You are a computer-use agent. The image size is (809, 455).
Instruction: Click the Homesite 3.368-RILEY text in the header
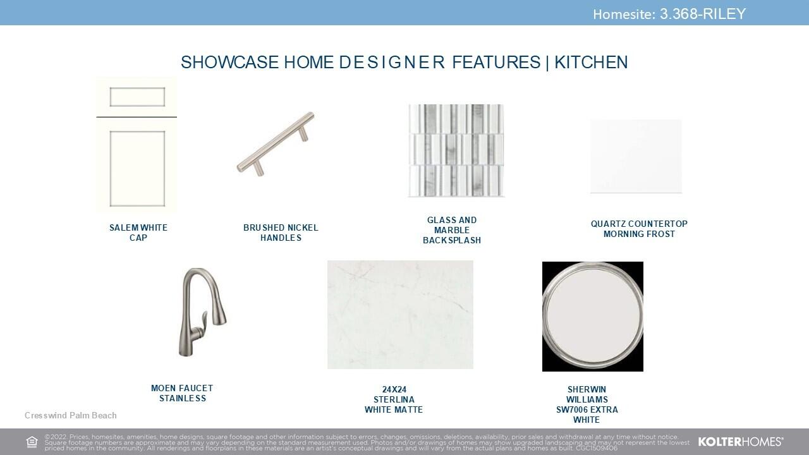click(x=669, y=14)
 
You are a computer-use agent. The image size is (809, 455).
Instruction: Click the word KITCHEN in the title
click(x=591, y=62)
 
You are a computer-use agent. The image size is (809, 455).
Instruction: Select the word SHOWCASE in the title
click(x=229, y=62)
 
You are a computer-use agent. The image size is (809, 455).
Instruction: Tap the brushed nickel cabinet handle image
click(x=276, y=144)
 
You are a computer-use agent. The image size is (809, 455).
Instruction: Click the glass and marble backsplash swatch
click(x=456, y=150)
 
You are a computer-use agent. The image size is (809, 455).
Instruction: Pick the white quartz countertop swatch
click(x=636, y=156)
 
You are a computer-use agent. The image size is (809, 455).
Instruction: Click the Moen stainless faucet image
click(x=203, y=312)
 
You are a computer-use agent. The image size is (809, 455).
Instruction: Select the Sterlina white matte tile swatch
click(x=400, y=315)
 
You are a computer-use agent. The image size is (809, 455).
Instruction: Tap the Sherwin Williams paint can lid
click(x=593, y=317)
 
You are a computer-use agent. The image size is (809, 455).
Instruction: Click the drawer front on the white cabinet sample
click(x=137, y=97)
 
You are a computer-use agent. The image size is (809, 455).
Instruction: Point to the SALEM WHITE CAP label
click(x=138, y=233)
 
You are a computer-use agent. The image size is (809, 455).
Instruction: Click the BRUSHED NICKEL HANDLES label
click(x=281, y=233)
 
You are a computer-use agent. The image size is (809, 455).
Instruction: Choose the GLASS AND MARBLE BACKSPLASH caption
click(x=452, y=230)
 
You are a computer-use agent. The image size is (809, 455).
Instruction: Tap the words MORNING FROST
click(x=639, y=234)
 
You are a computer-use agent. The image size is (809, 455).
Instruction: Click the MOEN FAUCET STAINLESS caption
click(x=182, y=393)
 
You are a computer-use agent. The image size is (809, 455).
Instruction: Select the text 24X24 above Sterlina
click(x=394, y=390)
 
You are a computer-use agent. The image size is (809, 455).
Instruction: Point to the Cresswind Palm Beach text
click(x=70, y=415)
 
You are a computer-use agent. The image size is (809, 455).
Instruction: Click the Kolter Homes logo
click(x=741, y=442)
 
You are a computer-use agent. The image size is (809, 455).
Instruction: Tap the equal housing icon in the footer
click(x=32, y=442)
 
